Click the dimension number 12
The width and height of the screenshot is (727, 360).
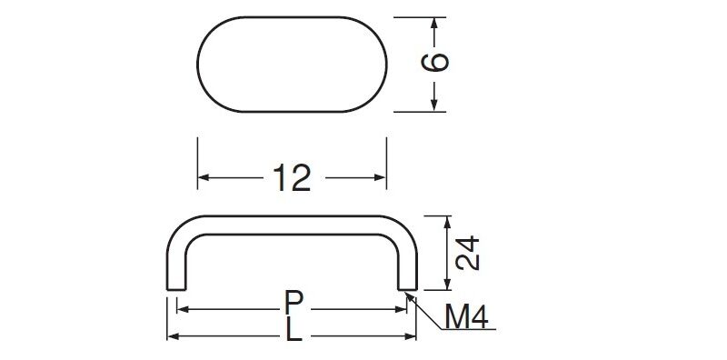pos(292,177)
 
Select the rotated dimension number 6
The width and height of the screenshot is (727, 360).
pos(435,62)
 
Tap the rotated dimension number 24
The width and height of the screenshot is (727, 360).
pos(467,253)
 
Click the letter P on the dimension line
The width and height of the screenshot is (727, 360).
pos(294,304)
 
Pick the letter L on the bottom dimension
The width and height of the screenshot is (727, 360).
pos(294,330)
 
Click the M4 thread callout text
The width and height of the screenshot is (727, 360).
pos(466,317)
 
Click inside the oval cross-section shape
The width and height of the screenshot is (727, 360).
pos(292,65)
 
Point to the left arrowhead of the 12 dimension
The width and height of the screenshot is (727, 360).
pos(203,177)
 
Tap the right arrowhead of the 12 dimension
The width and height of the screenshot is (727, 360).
pos(381,177)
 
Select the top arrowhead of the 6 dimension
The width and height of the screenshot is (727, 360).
pos(434,24)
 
